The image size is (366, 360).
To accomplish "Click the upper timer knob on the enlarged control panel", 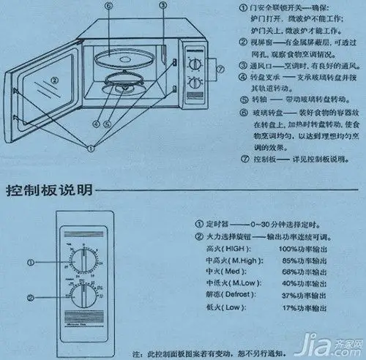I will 82,261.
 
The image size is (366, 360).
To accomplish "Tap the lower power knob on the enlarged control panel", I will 82,296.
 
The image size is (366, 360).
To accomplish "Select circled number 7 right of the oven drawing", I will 218,70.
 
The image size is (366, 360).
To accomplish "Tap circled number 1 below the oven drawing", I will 91,148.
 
